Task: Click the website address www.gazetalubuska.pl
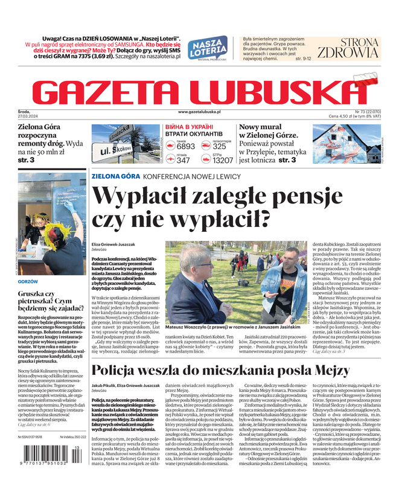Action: [x=199, y=112]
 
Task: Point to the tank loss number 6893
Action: [x=185, y=146]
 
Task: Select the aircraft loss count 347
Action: [x=184, y=161]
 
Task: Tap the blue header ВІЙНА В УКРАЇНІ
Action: [x=192, y=129]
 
